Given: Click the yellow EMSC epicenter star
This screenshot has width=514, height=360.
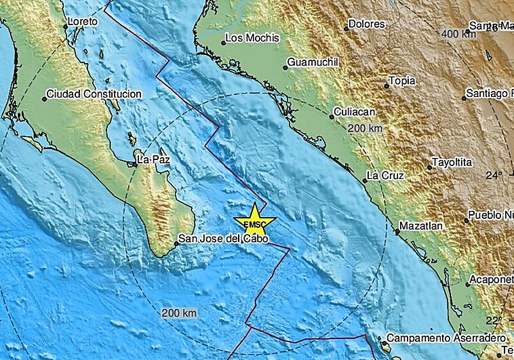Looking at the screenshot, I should (254, 222).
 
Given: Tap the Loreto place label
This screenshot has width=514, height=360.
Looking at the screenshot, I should (84, 22).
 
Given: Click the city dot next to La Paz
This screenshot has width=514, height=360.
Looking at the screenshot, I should (134, 161).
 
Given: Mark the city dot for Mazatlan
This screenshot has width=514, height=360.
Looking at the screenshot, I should (397, 232).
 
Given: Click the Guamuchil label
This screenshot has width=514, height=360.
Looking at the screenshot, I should (313, 62).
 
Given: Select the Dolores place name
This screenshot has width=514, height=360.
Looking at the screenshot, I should (367, 24).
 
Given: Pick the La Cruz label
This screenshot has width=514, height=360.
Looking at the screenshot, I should (384, 176).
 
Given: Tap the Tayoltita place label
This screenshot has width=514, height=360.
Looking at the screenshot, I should (453, 163).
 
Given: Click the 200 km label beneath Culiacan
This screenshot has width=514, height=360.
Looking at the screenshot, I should (365, 127).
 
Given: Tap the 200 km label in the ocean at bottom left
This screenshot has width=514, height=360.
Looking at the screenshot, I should (180, 313).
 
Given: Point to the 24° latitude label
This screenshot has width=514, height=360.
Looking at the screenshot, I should (494, 176).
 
